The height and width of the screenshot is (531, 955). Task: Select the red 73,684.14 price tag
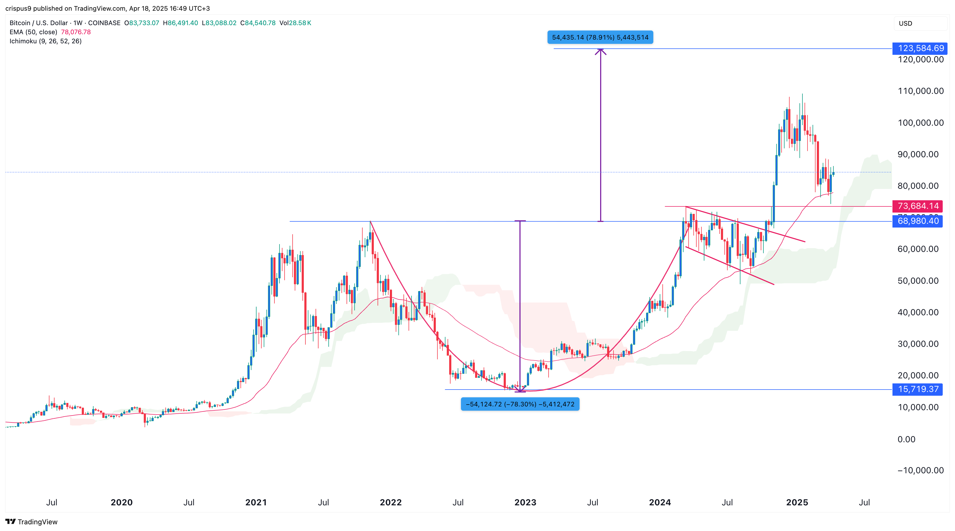point(918,206)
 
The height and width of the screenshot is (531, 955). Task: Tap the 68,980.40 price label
point(918,221)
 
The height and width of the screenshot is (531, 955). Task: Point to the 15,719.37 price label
point(918,389)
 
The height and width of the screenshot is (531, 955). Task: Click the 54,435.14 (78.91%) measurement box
point(600,37)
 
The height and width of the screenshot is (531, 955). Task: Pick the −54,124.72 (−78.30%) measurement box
point(520,404)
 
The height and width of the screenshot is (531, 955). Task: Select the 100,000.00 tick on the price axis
point(921,123)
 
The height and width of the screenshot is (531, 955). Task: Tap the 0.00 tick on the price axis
point(906,439)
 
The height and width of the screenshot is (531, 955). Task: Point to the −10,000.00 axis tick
point(920,471)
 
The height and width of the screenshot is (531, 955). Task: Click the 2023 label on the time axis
point(525,502)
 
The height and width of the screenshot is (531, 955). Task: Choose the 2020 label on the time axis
point(121,502)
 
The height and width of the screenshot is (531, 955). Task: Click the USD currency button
point(905,23)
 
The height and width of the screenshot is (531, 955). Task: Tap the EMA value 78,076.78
point(76,32)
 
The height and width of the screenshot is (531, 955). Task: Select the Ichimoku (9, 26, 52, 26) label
point(45,41)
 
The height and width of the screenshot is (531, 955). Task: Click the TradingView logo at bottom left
point(32,522)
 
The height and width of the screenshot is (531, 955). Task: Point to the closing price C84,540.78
point(258,23)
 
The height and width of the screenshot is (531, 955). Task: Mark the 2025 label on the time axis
point(797,502)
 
